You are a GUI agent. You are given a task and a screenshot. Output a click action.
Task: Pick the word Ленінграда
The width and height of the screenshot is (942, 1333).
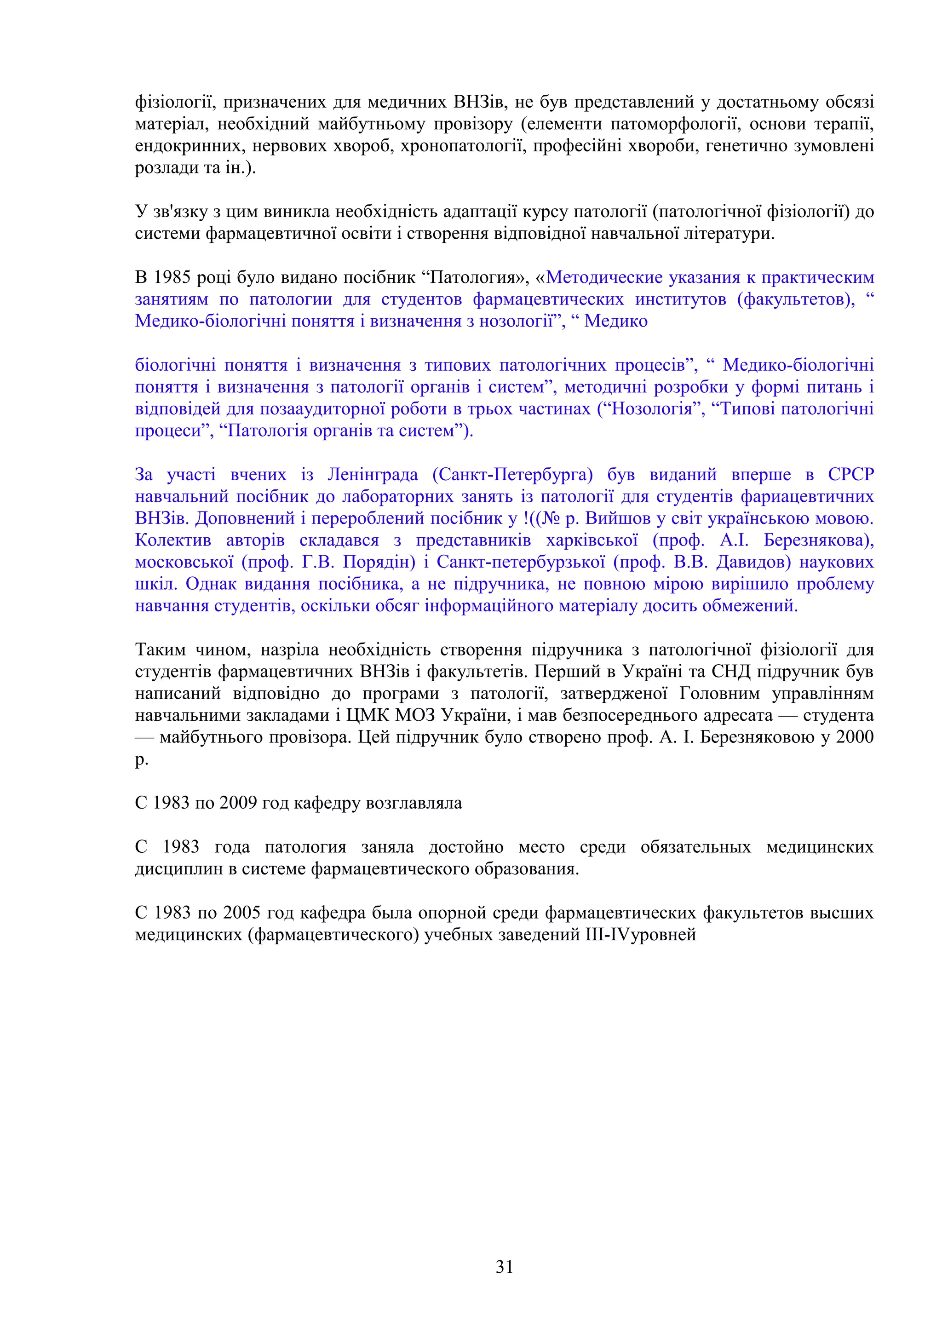(373, 475)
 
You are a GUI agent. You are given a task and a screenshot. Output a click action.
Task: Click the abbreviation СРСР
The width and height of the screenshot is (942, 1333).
(850, 475)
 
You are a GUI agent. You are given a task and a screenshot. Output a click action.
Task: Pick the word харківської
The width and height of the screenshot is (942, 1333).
(592, 540)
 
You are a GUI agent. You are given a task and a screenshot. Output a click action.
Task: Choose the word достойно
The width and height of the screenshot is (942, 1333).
(466, 848)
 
